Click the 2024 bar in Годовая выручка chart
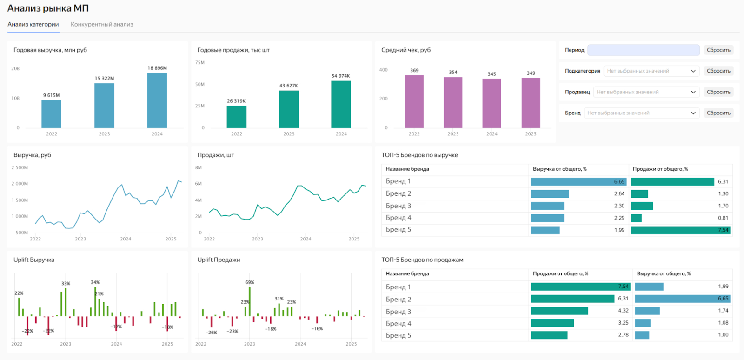tap(157, 100)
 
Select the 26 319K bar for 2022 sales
tap(236, 117)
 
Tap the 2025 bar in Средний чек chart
tap(531, 103)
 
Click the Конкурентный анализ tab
tap(102, 25)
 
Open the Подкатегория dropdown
tap(651, 71)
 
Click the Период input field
tap(643, 50)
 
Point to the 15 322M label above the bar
tap(104, 79)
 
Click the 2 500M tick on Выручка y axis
tap(20, 167)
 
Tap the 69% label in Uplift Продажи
tap(250, 282)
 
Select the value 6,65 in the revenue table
tap(619, 182)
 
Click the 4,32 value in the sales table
tap(623, 311)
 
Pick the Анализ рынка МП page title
tap(48, 8)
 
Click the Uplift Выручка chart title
tap(34, 260)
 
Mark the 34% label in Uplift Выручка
tap(95, 282)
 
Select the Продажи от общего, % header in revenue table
tap(660, 169)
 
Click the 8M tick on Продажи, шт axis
tap(199, 167)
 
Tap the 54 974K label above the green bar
tap(340, 76)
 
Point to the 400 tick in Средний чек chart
tap(383, 70)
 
